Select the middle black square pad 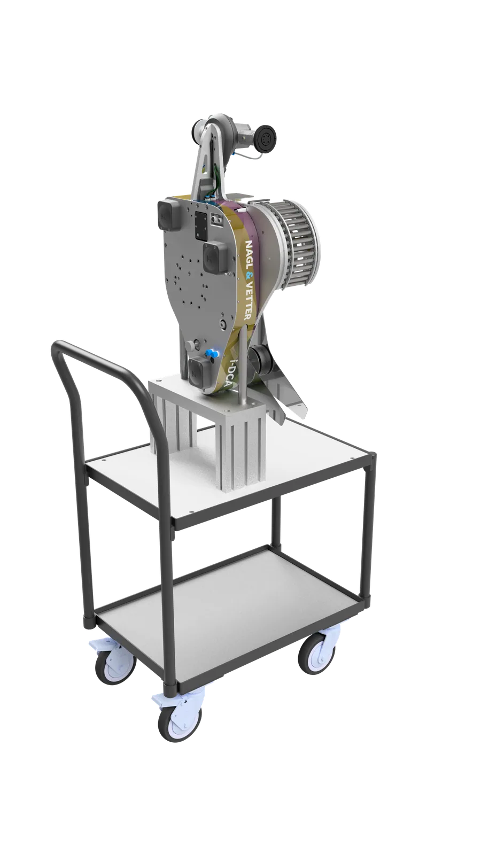[213, 258]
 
